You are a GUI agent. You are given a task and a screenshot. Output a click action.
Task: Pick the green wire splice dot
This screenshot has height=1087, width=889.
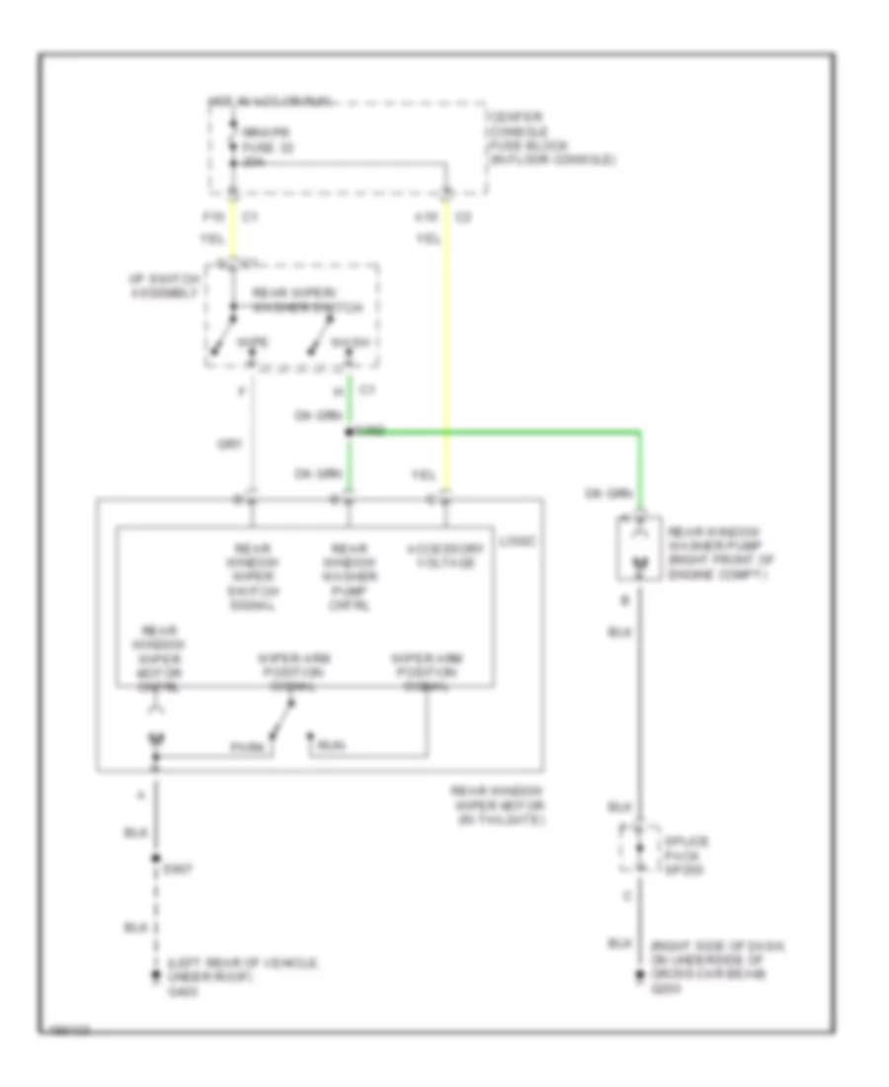[x=350, y=432]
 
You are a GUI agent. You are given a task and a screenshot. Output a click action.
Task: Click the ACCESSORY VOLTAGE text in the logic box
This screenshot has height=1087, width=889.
[x=441, y=555]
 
